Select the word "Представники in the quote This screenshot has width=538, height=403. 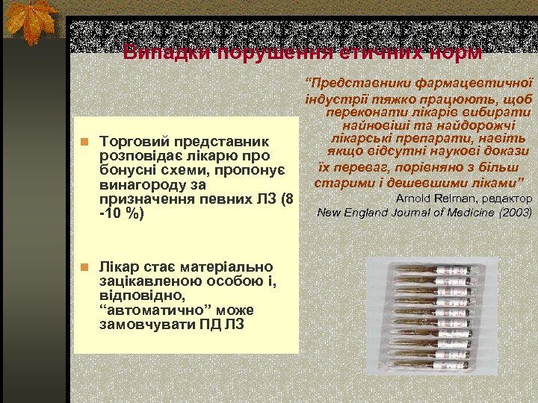pos(350,84)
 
